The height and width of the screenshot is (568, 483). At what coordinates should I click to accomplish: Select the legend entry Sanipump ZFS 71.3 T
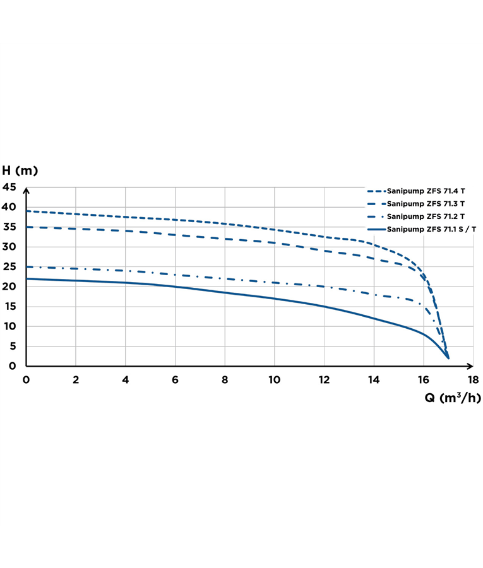(x=426, y=203)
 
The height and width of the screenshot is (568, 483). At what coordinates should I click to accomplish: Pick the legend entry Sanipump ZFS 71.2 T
(x=426, y=216)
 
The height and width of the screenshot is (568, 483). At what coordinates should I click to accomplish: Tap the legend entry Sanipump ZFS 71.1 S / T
(x=432, y=230)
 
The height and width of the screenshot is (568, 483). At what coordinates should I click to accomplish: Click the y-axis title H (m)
(x=20, y=170)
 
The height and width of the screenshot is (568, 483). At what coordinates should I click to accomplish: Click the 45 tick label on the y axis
(x=10, y=187)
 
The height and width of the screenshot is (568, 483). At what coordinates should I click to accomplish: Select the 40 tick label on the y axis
(x=10, y=207)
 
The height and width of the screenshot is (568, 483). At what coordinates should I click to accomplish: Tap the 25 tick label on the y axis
(x=10, y=267)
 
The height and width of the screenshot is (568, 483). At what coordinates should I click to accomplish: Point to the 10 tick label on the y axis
(x=10, y=327)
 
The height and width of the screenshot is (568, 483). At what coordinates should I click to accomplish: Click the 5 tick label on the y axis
(x=13, y=346)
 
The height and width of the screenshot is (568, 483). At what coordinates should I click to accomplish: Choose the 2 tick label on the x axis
(x=76, y=379)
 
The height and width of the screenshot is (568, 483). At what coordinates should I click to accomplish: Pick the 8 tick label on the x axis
(x=225, y=379)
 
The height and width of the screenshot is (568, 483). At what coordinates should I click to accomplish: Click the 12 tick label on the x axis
(x=324, y=379)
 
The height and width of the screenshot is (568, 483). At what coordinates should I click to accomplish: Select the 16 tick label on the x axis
(x=423, y=379)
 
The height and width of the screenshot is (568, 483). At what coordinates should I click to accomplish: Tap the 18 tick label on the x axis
(x=473, y=379)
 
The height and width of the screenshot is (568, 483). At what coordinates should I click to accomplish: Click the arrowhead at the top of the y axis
(x=26, y=189)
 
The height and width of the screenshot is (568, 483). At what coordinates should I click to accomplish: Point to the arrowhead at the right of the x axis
(x=470, y=366)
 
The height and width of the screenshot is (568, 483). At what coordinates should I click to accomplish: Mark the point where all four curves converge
(x=448, y=358)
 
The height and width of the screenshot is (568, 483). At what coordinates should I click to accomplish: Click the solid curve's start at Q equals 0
(x=27, y=278)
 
